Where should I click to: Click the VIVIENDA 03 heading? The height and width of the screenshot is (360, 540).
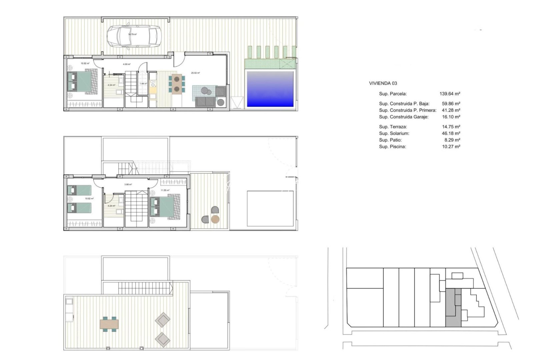383,83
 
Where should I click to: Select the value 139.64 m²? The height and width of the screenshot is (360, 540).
450,94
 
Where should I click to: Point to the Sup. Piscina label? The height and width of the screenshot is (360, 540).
392,147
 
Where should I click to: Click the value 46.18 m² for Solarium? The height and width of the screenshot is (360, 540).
451,133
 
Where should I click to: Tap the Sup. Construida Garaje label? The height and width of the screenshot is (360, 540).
403,117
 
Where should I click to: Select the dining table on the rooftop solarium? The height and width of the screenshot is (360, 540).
109,324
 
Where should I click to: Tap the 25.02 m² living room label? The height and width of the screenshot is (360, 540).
195,73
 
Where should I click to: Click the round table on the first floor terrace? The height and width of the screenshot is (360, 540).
215,219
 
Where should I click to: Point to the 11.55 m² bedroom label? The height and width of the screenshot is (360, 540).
165,190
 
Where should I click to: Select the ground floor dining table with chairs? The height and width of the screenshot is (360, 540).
177,84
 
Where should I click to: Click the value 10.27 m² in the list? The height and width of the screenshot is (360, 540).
451,147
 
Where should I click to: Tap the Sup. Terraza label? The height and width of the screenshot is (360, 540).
393,127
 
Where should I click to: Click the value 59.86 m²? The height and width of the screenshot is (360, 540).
451,104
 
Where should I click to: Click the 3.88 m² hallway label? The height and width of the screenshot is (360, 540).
128,184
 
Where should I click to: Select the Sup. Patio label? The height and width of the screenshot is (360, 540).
390,140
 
